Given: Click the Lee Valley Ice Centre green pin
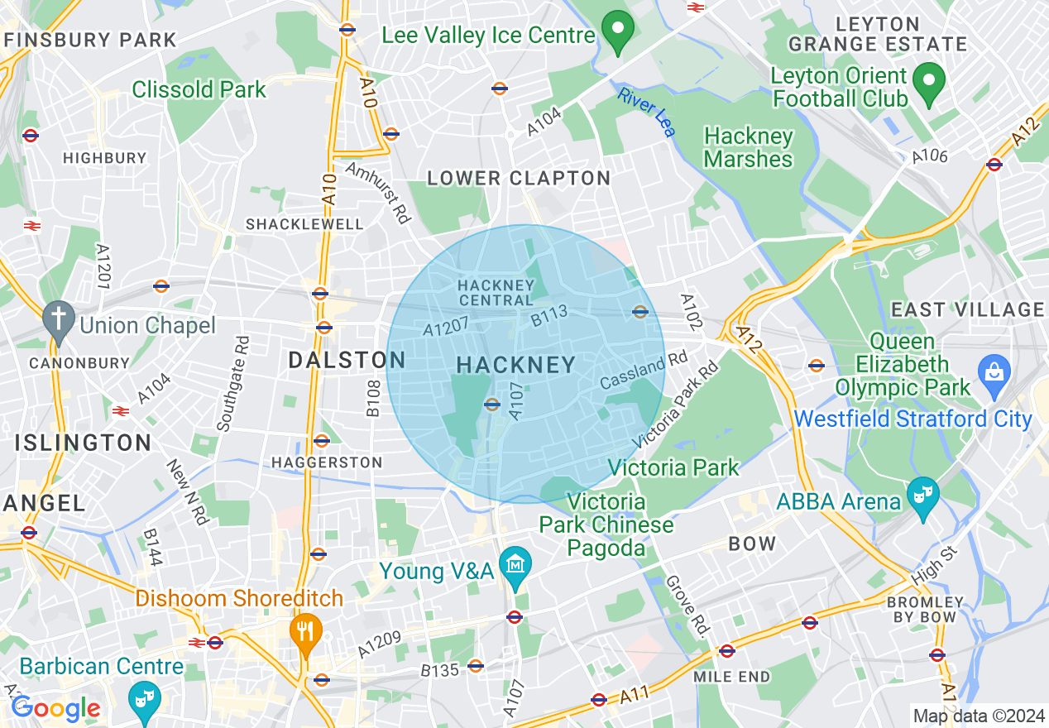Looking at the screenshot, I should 616,31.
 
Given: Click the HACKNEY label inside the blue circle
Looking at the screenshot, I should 515,365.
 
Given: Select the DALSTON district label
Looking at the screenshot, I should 347,360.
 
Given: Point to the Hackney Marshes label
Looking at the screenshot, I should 748,147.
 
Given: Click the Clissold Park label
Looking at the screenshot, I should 199,89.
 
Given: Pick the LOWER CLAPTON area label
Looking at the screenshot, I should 519,178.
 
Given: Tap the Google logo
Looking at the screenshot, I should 55,708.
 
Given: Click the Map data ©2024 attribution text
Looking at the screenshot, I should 977,715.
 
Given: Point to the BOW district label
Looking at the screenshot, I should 752,544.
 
